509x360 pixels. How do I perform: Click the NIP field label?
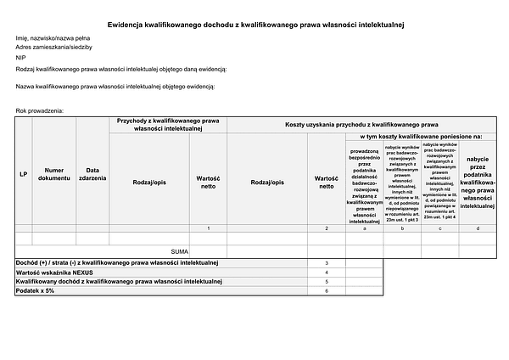coord(20,57)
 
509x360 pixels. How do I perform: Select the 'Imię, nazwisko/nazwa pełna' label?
coord(53,38)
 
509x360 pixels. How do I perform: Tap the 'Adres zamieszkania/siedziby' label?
coord(53,48)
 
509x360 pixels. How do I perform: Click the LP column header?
coord(24,174)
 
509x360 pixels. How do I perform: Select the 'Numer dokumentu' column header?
coord(53,174)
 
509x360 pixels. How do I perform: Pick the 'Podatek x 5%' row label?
coord(36,290)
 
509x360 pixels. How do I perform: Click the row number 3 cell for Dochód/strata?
coord(327,263)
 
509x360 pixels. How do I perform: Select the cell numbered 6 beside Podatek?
coord(327,290)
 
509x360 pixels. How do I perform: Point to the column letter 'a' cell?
coord(364,228)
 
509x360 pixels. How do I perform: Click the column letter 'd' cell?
coord(478,228)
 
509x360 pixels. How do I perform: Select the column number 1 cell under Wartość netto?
coord(209,228)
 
